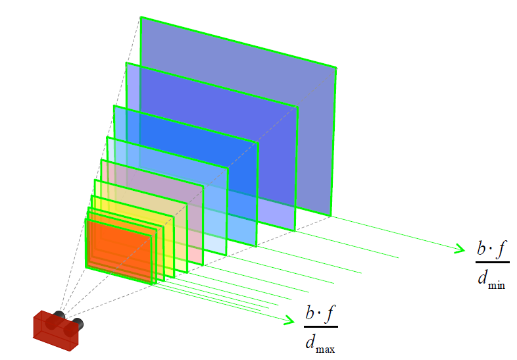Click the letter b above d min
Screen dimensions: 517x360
481,248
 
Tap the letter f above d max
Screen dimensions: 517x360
330,313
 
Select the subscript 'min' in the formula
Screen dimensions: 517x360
497,285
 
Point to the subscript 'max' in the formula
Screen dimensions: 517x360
325,349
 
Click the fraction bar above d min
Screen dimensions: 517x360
492,263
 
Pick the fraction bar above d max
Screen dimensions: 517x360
321,326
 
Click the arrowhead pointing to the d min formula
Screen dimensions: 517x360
460,249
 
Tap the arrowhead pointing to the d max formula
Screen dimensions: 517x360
289,320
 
